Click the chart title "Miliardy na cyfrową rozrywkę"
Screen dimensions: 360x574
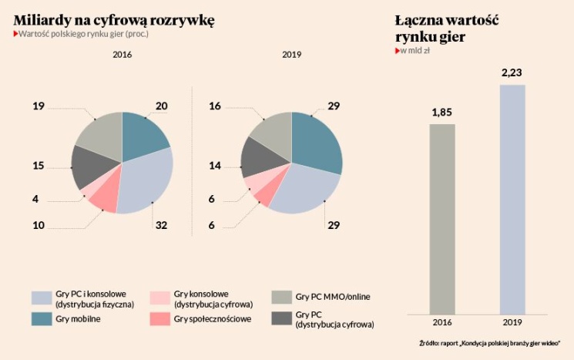[114, 19]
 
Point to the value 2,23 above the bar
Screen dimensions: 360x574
[512, 72]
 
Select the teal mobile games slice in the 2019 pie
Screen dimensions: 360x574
[317, 143]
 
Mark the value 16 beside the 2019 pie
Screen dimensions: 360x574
[215, 106]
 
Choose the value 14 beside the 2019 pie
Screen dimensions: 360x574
[215, 166]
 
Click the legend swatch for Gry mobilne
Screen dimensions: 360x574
[42, 319]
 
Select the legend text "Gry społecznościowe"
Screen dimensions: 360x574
[213, 319]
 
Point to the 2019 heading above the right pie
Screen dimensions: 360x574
[291, 55]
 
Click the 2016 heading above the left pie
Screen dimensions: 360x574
[123, 55]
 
